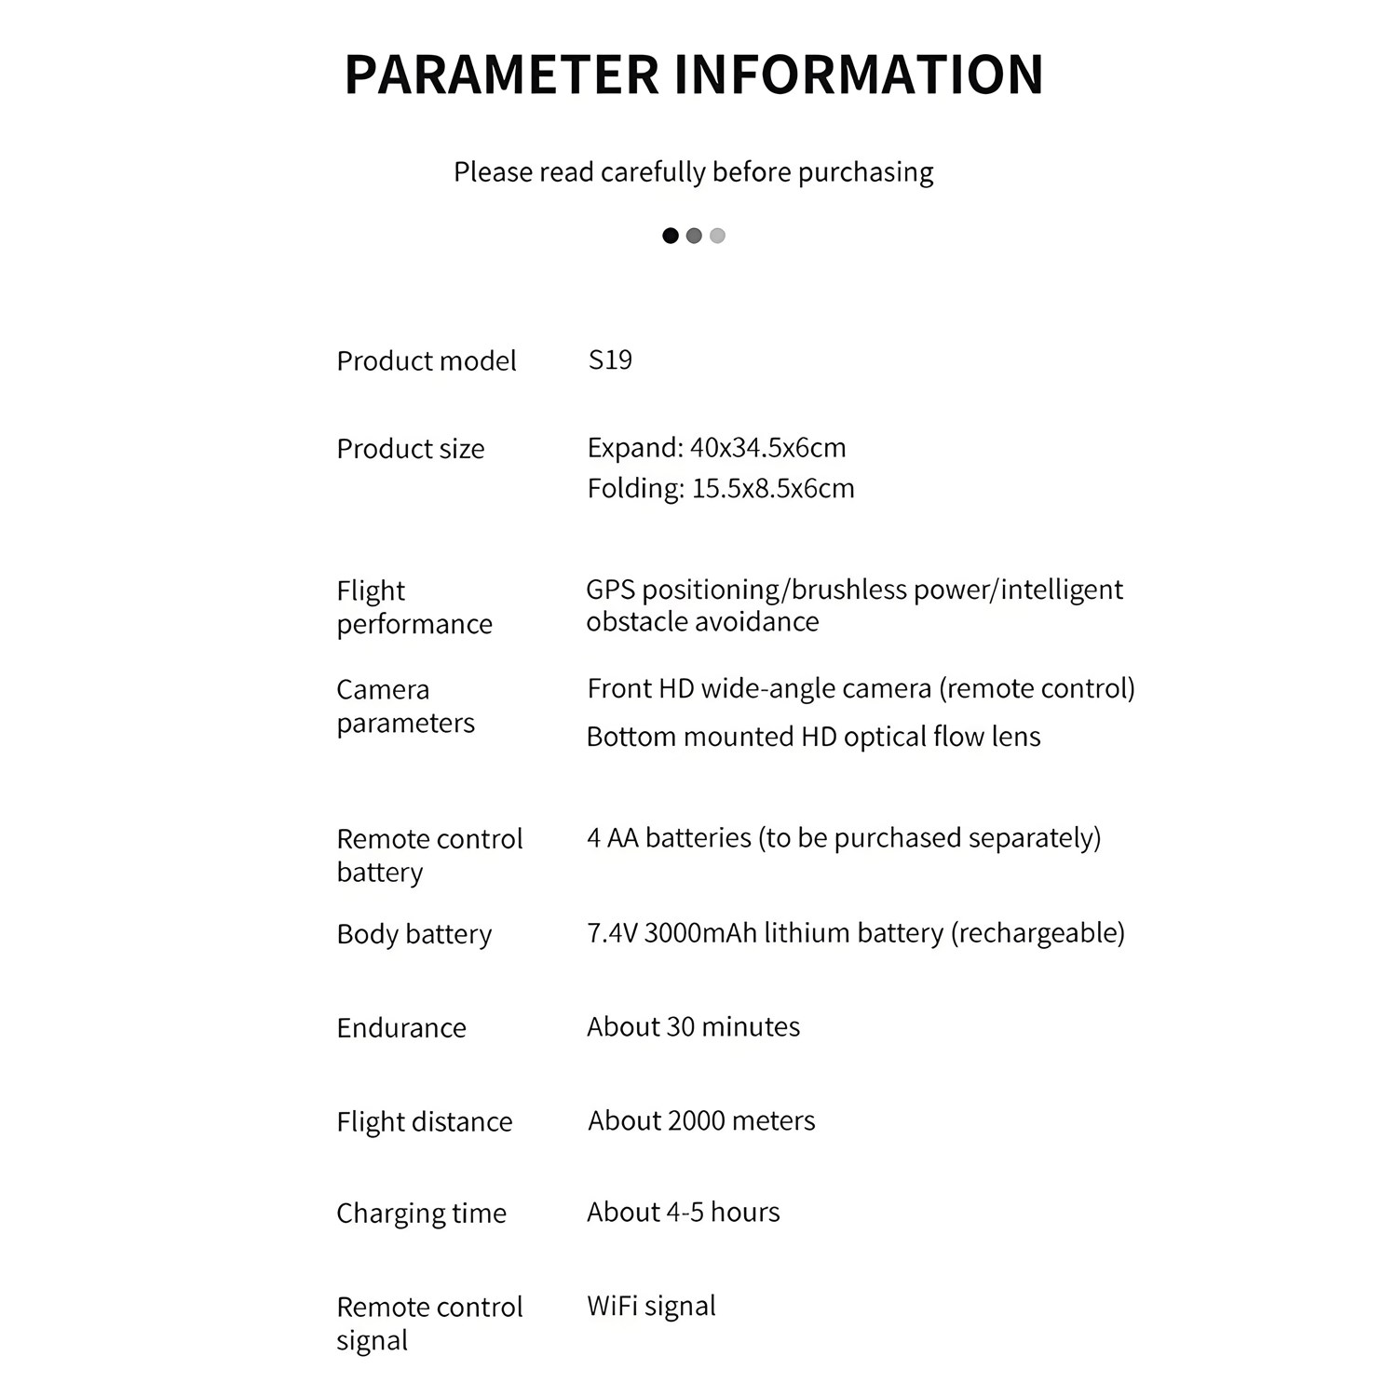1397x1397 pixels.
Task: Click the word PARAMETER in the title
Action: [502, 75]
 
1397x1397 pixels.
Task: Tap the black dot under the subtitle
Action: [670, 236]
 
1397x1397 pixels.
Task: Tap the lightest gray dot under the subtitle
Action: [717, 236]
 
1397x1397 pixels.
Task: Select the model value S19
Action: [610, 359]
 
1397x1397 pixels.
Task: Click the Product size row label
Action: [411, 449]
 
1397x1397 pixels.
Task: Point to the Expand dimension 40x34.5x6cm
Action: [767, 448]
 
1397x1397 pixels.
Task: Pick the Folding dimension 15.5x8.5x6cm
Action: [772, 488]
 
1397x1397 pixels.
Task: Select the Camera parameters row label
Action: [405, 706]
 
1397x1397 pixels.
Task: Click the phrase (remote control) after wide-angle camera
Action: [1037, 688]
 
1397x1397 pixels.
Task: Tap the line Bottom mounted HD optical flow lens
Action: [813, 737]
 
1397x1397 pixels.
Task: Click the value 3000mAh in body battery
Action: [700, 933]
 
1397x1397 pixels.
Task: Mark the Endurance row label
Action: [401, 1028]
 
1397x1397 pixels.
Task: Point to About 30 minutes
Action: [693, 1027]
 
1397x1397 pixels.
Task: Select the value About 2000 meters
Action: [701, 1121]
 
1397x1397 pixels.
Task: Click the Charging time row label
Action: [421, 1214]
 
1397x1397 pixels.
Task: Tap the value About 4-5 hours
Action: [683, 1213]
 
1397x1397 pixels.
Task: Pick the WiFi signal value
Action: [651, 1307]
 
